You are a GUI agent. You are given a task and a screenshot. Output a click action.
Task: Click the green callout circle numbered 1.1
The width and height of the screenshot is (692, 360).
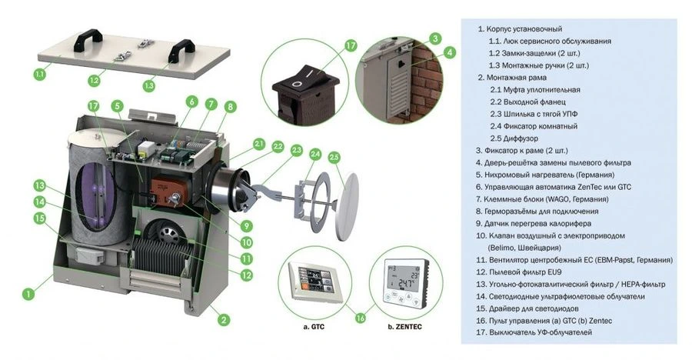click(40, 74)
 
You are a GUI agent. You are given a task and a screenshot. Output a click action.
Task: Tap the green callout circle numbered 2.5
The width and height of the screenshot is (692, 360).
click(334, 158)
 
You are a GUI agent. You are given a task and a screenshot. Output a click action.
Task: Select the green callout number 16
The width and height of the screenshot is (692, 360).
click(361, 317)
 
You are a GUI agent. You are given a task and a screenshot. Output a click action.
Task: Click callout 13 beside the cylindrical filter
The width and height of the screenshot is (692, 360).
click(40, 185)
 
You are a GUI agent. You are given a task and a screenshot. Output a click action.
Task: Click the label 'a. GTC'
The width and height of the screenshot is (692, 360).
click(314, 327)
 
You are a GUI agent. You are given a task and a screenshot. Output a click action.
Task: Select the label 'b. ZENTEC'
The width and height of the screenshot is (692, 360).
click(404, 327)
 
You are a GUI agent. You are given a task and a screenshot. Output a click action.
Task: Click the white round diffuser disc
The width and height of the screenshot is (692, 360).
click(347, 206)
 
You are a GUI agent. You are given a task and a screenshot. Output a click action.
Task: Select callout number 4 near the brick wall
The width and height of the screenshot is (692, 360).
click(449, 52)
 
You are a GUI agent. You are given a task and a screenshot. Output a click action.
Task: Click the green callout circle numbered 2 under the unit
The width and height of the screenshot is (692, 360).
click(224, 320)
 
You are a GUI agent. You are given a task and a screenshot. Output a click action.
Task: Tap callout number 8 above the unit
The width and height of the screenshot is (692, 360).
click(230, 106)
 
